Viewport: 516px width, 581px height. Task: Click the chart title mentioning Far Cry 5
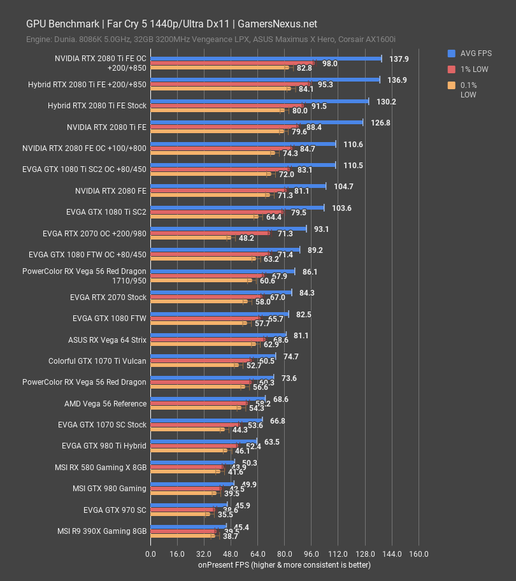171,24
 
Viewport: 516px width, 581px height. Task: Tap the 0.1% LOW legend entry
468,90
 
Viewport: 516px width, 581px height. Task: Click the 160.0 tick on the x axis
419,554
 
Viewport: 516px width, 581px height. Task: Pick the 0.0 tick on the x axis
150,554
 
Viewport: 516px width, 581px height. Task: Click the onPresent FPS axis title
284,564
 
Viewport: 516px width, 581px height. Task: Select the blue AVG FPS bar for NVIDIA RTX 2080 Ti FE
256,122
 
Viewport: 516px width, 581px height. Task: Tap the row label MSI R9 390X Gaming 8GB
102,531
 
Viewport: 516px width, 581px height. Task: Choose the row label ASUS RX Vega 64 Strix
107,340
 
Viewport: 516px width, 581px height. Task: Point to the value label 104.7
343,186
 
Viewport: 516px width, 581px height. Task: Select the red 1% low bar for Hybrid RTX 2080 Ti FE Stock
226,106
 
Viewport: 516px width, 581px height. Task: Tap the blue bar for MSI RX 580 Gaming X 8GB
192,462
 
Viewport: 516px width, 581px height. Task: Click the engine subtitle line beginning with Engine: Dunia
211,39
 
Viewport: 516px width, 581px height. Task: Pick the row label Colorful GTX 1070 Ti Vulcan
97,361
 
